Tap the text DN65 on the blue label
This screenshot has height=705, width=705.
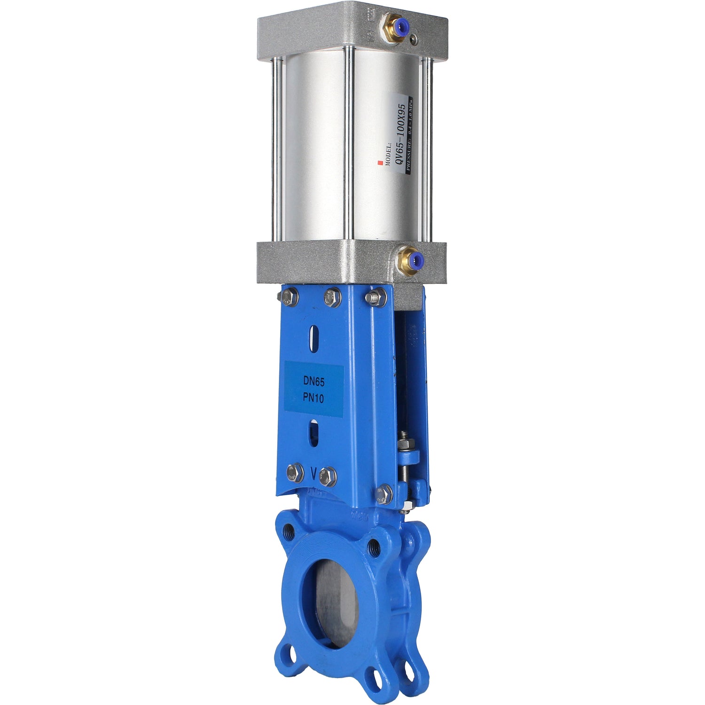(x=313, y=382)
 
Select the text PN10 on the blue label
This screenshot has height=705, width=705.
(x=313, y=398)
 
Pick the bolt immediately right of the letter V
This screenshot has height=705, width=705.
(x=328, y=477)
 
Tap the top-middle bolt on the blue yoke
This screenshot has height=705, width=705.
(x=332, y=297)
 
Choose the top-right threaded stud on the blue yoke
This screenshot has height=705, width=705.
(x=375, y=297)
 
